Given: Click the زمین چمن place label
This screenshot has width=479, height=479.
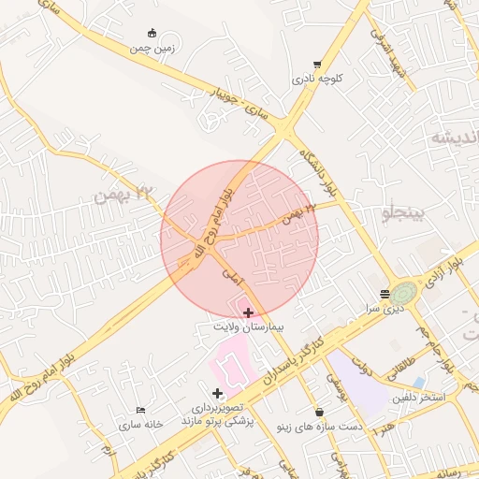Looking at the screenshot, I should coord(152,47).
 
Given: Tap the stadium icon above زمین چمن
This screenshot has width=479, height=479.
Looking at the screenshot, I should coord(152,33).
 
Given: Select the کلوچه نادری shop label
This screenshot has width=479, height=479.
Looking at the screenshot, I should coord(317,80).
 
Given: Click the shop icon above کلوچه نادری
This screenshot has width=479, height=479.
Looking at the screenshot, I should coord(317,65).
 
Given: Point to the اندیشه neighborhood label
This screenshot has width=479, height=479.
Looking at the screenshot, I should coord(455,138).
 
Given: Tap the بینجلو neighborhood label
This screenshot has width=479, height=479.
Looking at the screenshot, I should coord(403,214).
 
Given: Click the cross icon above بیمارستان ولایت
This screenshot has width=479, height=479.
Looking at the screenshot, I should coord(247,312).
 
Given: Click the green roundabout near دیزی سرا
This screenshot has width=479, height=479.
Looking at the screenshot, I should coord(405,292).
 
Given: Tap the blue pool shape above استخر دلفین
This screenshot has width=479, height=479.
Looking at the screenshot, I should coord(418,382).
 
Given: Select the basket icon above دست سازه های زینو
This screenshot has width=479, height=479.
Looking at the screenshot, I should coord(320,412).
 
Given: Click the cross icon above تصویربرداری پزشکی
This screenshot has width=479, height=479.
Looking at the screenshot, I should coord(218,393).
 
